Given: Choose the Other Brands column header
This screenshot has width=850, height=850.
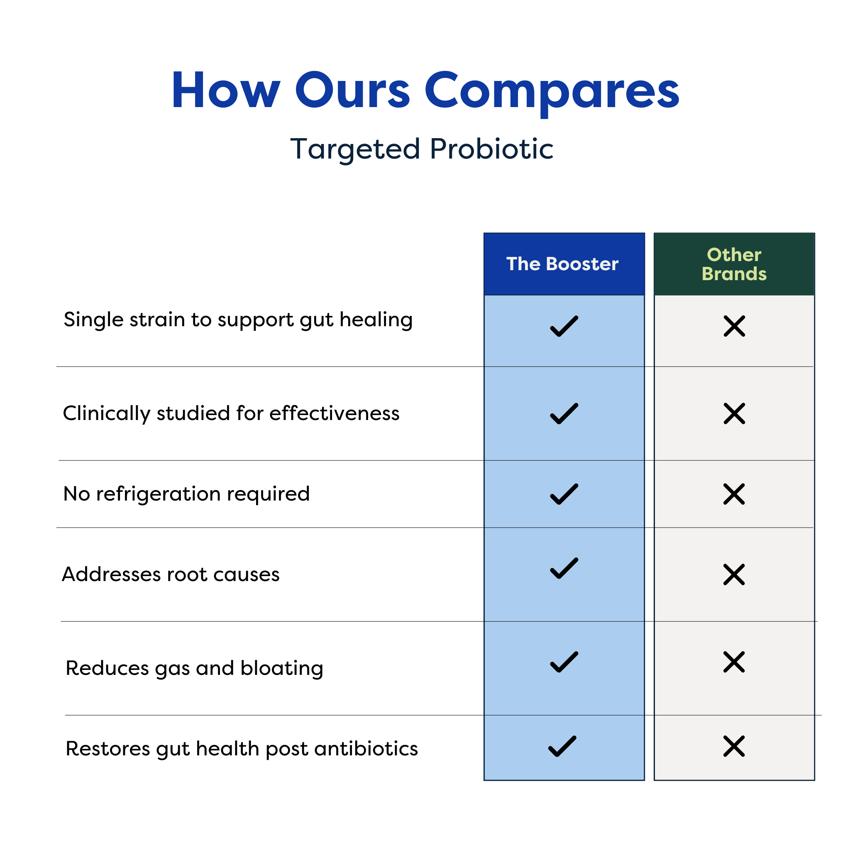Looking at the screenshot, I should (x=734, y=264).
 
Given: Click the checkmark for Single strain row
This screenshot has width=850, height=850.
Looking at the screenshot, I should (x=564, y=326).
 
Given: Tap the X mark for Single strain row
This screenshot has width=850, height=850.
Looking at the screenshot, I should (x=734, y=326).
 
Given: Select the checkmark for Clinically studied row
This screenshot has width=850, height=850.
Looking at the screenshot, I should (x=564, y=413).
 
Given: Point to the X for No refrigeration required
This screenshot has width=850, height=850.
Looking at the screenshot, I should (x=734, y=494).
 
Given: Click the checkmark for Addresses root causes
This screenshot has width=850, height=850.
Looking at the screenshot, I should (x=564, y=568).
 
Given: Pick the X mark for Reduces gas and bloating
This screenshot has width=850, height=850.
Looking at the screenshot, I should (x=734, y=662).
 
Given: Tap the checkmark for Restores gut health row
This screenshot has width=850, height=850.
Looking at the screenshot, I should (x=562, y=746).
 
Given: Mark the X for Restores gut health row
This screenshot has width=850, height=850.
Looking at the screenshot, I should (x=734, y=746).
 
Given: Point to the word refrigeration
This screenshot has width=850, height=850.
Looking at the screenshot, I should (x=159, y=494).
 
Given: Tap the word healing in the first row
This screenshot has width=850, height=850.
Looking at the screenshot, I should (x=376, y=320).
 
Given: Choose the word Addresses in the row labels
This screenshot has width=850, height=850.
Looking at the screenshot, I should (x=111, y=574).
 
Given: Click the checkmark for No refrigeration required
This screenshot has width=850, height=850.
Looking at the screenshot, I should (x=564, y=494).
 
